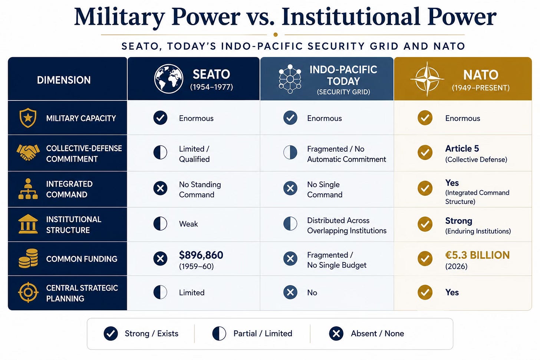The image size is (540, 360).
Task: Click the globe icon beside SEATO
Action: (x=168, y=79)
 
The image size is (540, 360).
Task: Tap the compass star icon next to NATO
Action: (x=427, y=79)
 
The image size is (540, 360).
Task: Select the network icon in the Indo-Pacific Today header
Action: (x=290, y=79)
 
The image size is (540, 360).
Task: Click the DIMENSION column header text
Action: (x=64, y=80)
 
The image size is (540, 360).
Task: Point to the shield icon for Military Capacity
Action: (x=28, y=118)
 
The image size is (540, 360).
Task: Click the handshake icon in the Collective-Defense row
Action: (x=28, y=152)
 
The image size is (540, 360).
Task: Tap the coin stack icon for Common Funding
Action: (x=28, y=258)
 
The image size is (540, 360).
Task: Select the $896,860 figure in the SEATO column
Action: (x=201, y=255)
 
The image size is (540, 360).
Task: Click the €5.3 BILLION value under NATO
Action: (x=477, y=255)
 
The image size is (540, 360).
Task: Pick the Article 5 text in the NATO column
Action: (x=462, y=148)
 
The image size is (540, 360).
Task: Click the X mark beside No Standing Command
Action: (x=160, y=188)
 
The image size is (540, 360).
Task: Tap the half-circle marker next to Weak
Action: (x=160, y=224)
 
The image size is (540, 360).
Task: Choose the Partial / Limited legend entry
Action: (x=252, y=334)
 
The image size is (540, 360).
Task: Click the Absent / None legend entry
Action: (x=366, y=334)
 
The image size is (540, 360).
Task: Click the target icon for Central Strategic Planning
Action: (x=28, y=292)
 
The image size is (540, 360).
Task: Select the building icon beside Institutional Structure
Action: (x=28, y=224)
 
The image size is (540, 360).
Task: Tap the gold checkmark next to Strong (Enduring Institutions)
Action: (x=425, y=224)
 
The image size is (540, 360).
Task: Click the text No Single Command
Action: (x=325, y=189)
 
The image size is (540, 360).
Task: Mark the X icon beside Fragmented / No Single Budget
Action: (x=290, y=258)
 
